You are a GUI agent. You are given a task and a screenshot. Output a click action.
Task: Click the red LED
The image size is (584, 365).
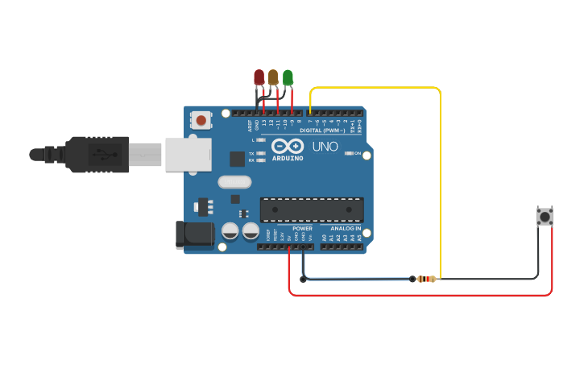coord(259,77)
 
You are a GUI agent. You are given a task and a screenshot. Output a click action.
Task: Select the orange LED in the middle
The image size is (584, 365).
coord(273,77)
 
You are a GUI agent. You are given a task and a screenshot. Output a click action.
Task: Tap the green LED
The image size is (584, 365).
coord(288,77)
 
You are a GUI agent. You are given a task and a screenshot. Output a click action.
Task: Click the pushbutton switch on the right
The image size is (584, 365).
coord(545,216)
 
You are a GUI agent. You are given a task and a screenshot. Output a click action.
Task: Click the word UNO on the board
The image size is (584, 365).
coord(325,147)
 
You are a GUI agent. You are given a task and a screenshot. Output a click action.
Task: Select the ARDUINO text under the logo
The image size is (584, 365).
coord(288,158)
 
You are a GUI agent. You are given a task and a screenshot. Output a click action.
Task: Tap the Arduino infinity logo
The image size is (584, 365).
coord(288,146)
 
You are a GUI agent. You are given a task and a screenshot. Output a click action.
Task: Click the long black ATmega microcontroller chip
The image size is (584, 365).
coord(311,209)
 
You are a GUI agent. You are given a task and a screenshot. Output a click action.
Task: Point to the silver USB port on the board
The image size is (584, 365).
coord(187,154)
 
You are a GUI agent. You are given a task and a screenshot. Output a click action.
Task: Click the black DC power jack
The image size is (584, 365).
coord(194,234)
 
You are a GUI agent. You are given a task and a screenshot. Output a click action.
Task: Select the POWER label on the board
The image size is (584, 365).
coord(302,229)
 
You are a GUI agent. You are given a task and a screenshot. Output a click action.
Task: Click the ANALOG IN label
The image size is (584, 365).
coord(342,229)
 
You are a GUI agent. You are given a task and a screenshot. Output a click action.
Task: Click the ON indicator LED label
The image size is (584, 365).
coord(356,152)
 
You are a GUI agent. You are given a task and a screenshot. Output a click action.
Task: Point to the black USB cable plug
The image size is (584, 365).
coord(97,154)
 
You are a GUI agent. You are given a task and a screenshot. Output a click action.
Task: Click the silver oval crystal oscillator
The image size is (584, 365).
coord(234,183)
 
